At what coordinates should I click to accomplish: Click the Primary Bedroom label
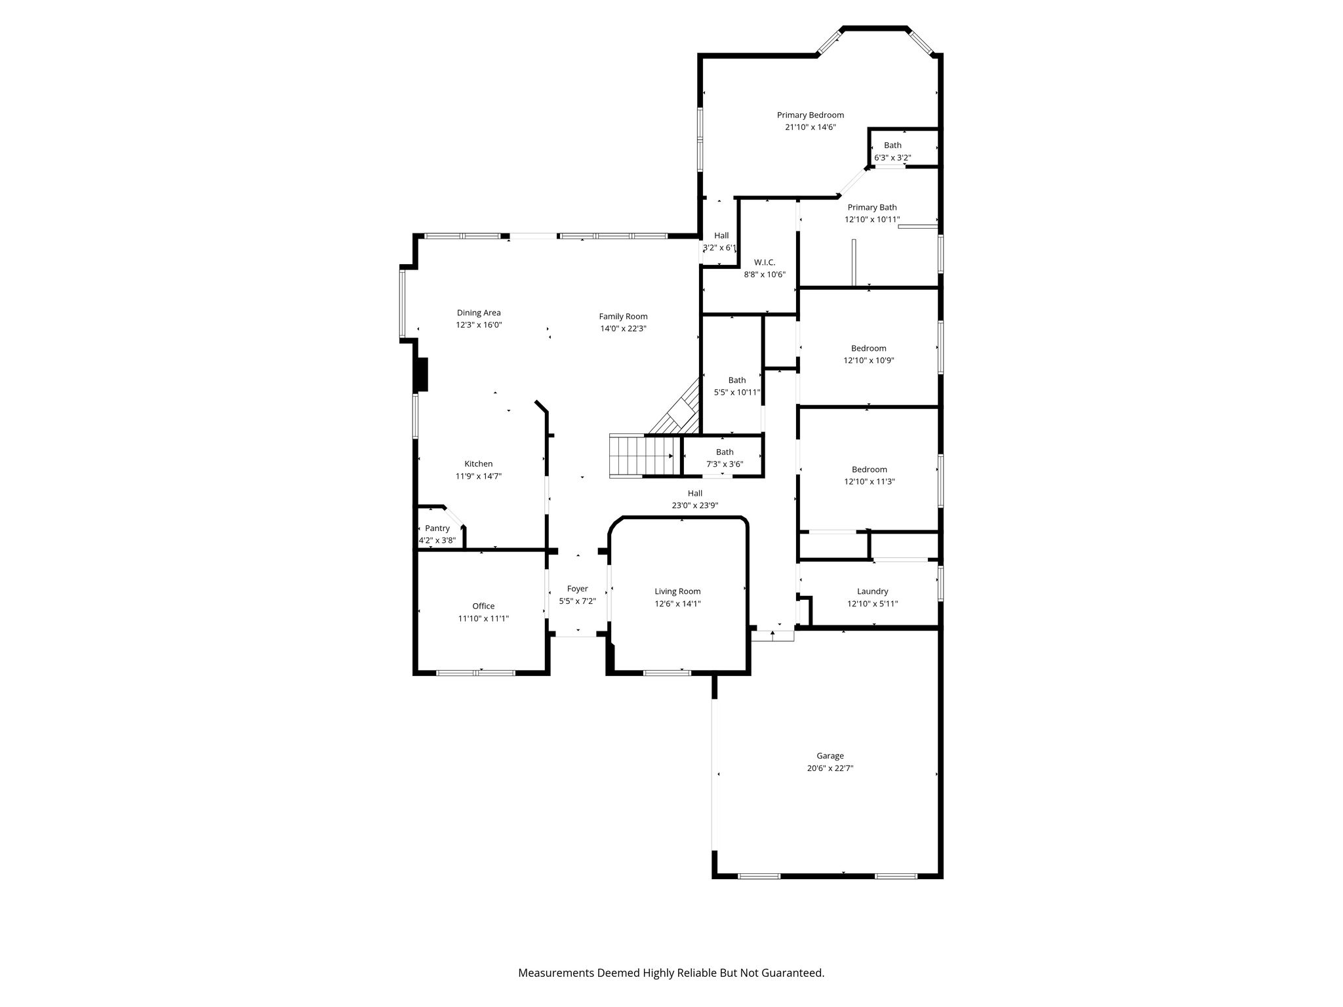(811, 115)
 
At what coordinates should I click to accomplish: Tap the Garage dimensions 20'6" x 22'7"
(830, 768)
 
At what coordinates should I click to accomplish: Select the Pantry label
(437, 528)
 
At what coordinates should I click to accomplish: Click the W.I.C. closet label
(765, 262)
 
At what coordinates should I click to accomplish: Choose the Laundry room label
(873, 591)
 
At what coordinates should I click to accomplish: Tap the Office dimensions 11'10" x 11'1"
(484, 618)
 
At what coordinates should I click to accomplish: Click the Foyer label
(578, 589)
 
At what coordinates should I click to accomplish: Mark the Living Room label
(678, 591)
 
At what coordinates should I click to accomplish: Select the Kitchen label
(479, 464)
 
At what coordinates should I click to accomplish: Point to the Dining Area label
(479, 313)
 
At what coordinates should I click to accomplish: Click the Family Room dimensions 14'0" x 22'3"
(624, 328)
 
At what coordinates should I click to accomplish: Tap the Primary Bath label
(872, 208)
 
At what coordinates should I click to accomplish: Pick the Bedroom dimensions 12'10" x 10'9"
(869, 360)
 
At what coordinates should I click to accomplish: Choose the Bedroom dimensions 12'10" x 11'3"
(870, 481)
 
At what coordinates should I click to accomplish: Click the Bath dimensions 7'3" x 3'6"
(725, 464)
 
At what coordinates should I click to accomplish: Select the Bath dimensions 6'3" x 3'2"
(892, 157)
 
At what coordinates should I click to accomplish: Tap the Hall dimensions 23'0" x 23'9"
(695, 505)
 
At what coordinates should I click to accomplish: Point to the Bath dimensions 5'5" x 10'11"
(737, 392)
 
